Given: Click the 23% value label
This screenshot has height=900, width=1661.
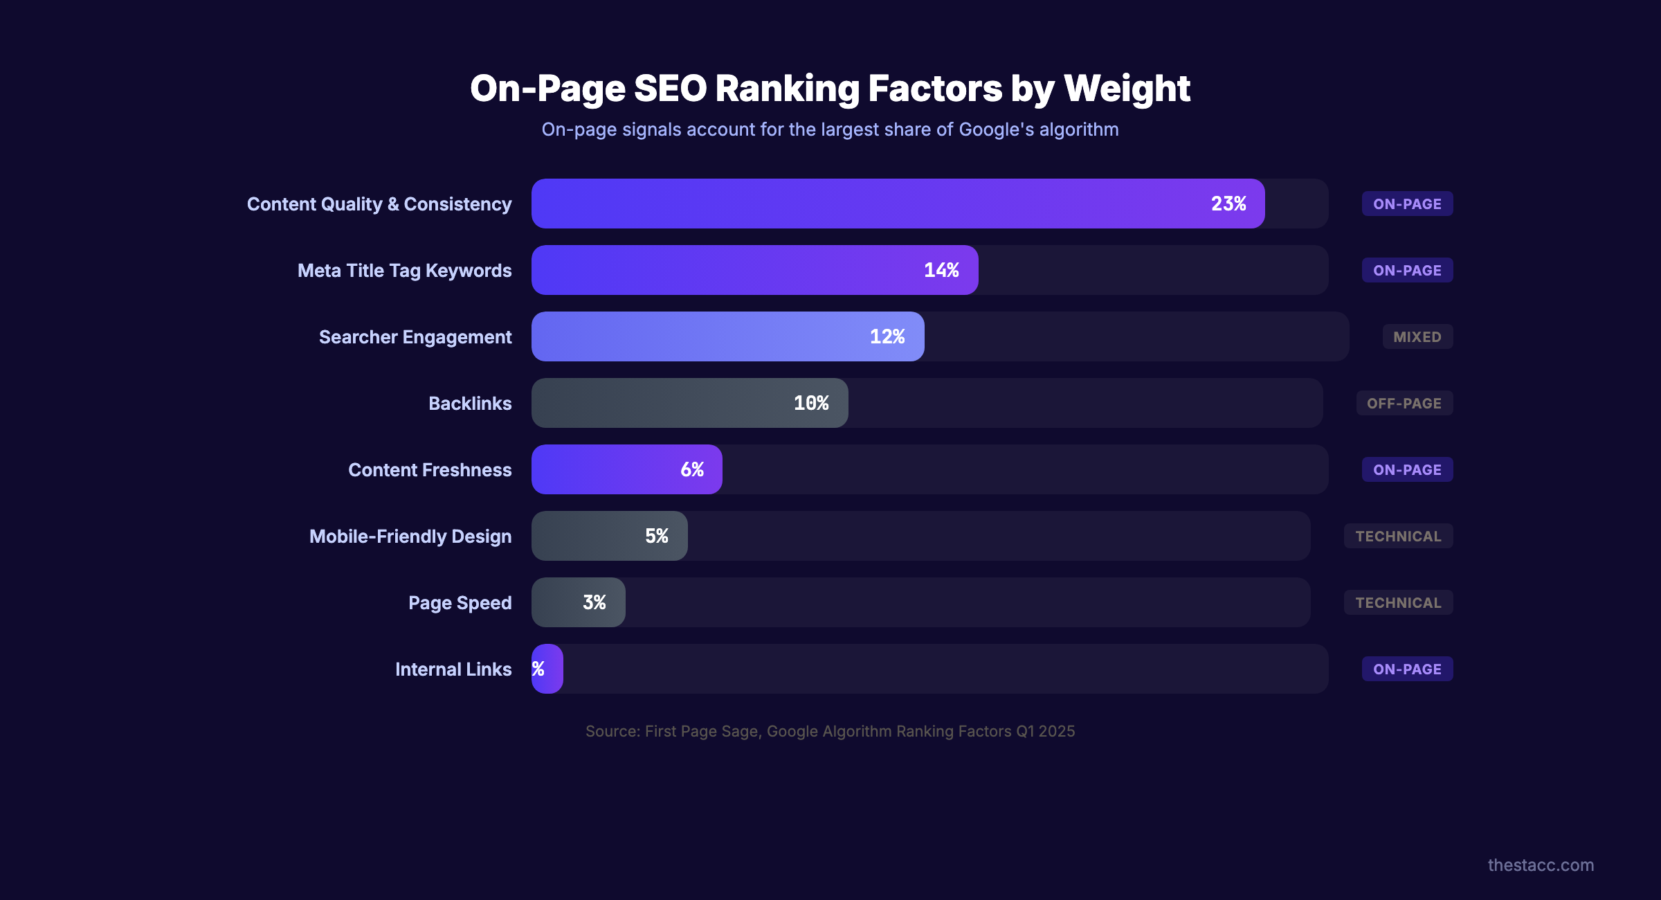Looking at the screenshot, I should (1228, 204).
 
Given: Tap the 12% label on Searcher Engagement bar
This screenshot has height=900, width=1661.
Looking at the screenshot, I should (887, 336).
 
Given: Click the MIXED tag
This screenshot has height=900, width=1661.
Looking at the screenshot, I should (1417, 337).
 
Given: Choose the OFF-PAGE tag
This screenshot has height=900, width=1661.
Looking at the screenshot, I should (1404, 404).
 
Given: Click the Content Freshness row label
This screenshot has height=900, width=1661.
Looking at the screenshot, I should (430, 470).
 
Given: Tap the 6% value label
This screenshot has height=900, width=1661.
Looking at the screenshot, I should (692, 469).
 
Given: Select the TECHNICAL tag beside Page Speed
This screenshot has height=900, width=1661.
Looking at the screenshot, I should (1398, 603).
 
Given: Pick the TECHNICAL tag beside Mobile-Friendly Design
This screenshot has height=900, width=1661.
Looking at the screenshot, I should (1398, 537).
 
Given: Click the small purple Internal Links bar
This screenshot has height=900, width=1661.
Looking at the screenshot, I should (547, 669).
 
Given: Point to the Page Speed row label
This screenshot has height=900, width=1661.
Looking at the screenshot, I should (460, 603).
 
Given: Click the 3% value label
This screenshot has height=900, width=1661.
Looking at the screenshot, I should (594, 602).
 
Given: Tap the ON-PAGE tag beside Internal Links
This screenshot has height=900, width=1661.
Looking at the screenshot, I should (1407, 669).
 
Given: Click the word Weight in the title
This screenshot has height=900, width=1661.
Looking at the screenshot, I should (1127, 89).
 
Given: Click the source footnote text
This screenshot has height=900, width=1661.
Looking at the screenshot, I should (830, 731).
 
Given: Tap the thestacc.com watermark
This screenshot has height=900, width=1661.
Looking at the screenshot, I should (1541, 865).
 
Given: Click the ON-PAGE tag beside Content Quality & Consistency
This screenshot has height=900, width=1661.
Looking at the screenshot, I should (1407, 204).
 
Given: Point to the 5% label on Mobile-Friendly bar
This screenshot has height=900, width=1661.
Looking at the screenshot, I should (656, 536).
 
